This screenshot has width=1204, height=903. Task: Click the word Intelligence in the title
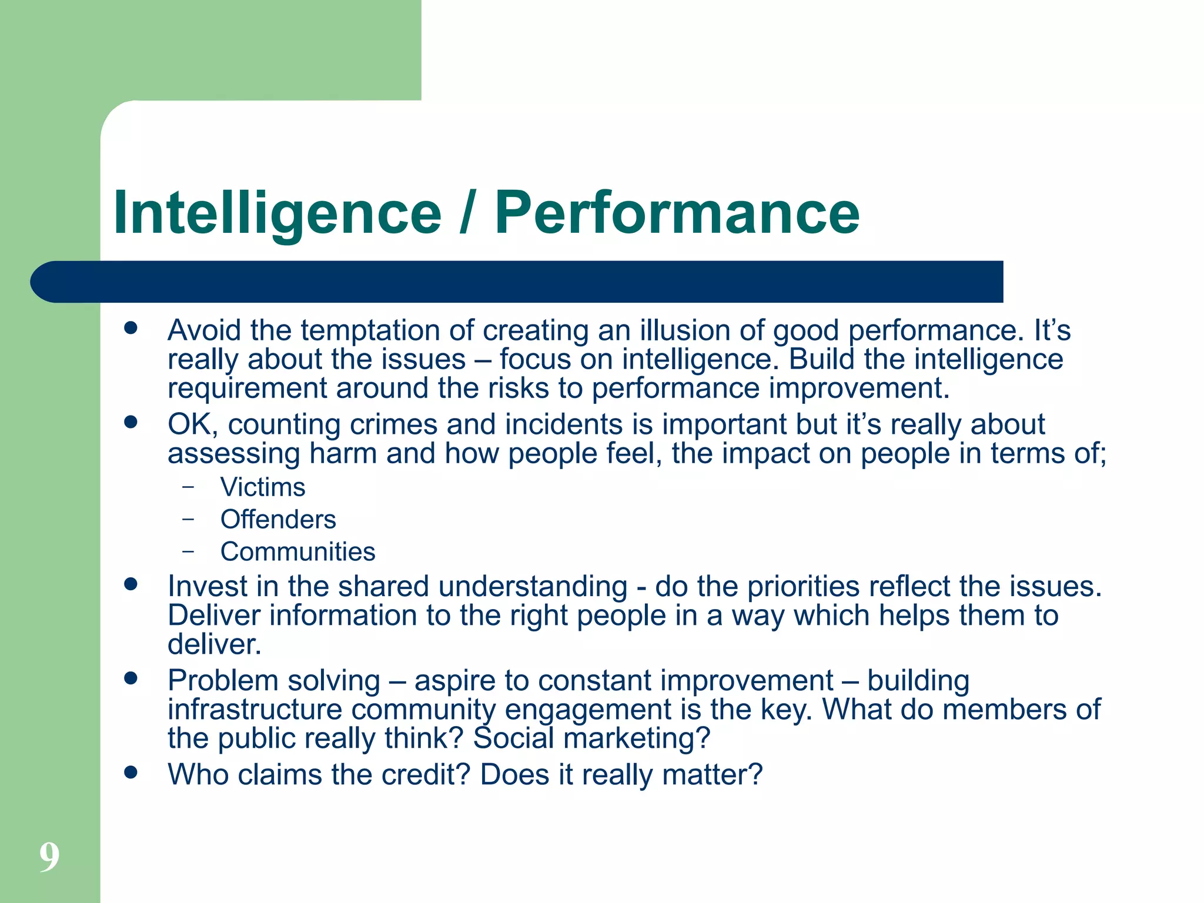pyautogui.click(x=277, y=213)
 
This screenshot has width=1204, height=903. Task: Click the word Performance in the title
pyautogui.click(x=677, y=213)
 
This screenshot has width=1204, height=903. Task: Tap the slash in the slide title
pyautogui.click(x=467, y=213)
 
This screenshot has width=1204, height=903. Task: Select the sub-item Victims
pyautogui.click(x=263, y=487)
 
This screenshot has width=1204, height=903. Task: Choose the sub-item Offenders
pyautogui.click(x=278, y=520)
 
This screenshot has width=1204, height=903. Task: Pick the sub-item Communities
pyautogui.click(x=297, y=552)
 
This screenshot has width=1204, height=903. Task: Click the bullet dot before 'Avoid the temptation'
pyautogui.click(x=131, y=328)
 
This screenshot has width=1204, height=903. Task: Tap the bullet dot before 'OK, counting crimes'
pyautogui.click(x=131, y=422)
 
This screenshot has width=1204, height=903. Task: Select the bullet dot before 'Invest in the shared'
pyautogui.click(x=131, y=584)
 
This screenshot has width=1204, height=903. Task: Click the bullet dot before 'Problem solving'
pyautogui.click(x=131, y=678)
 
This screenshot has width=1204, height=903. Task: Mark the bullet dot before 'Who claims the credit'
pyautogui.click(x=131, y=772)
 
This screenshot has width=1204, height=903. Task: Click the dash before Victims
pyautogui.click(x=188, y=487)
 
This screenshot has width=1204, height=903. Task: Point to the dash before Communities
pyautogui.click(x=188, y=551)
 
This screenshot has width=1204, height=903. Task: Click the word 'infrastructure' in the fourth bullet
pyautogui.click(x=255, y=710)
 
